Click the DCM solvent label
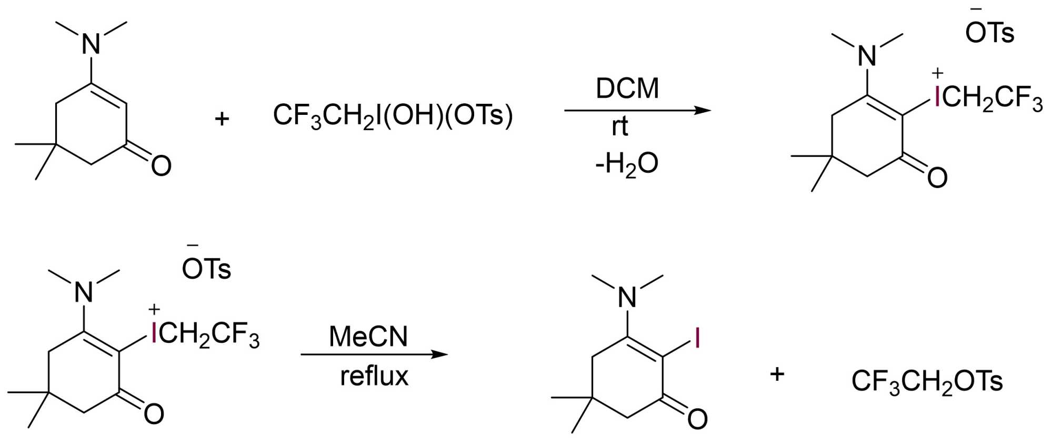point(627,89)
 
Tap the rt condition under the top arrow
point(619,127)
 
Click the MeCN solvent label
point(368,337)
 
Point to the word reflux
point(374,376)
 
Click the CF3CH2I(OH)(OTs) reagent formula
point(393,115)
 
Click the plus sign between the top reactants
point(222,119)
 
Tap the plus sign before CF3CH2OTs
point(777,375)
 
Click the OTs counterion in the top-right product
point(989,33)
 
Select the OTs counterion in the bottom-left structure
point(206,269)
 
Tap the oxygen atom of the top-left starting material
point(161,165)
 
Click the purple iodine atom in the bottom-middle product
point(697,338)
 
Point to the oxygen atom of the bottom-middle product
point(697,419)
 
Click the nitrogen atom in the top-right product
point(867,56)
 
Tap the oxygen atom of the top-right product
point(937,178)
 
